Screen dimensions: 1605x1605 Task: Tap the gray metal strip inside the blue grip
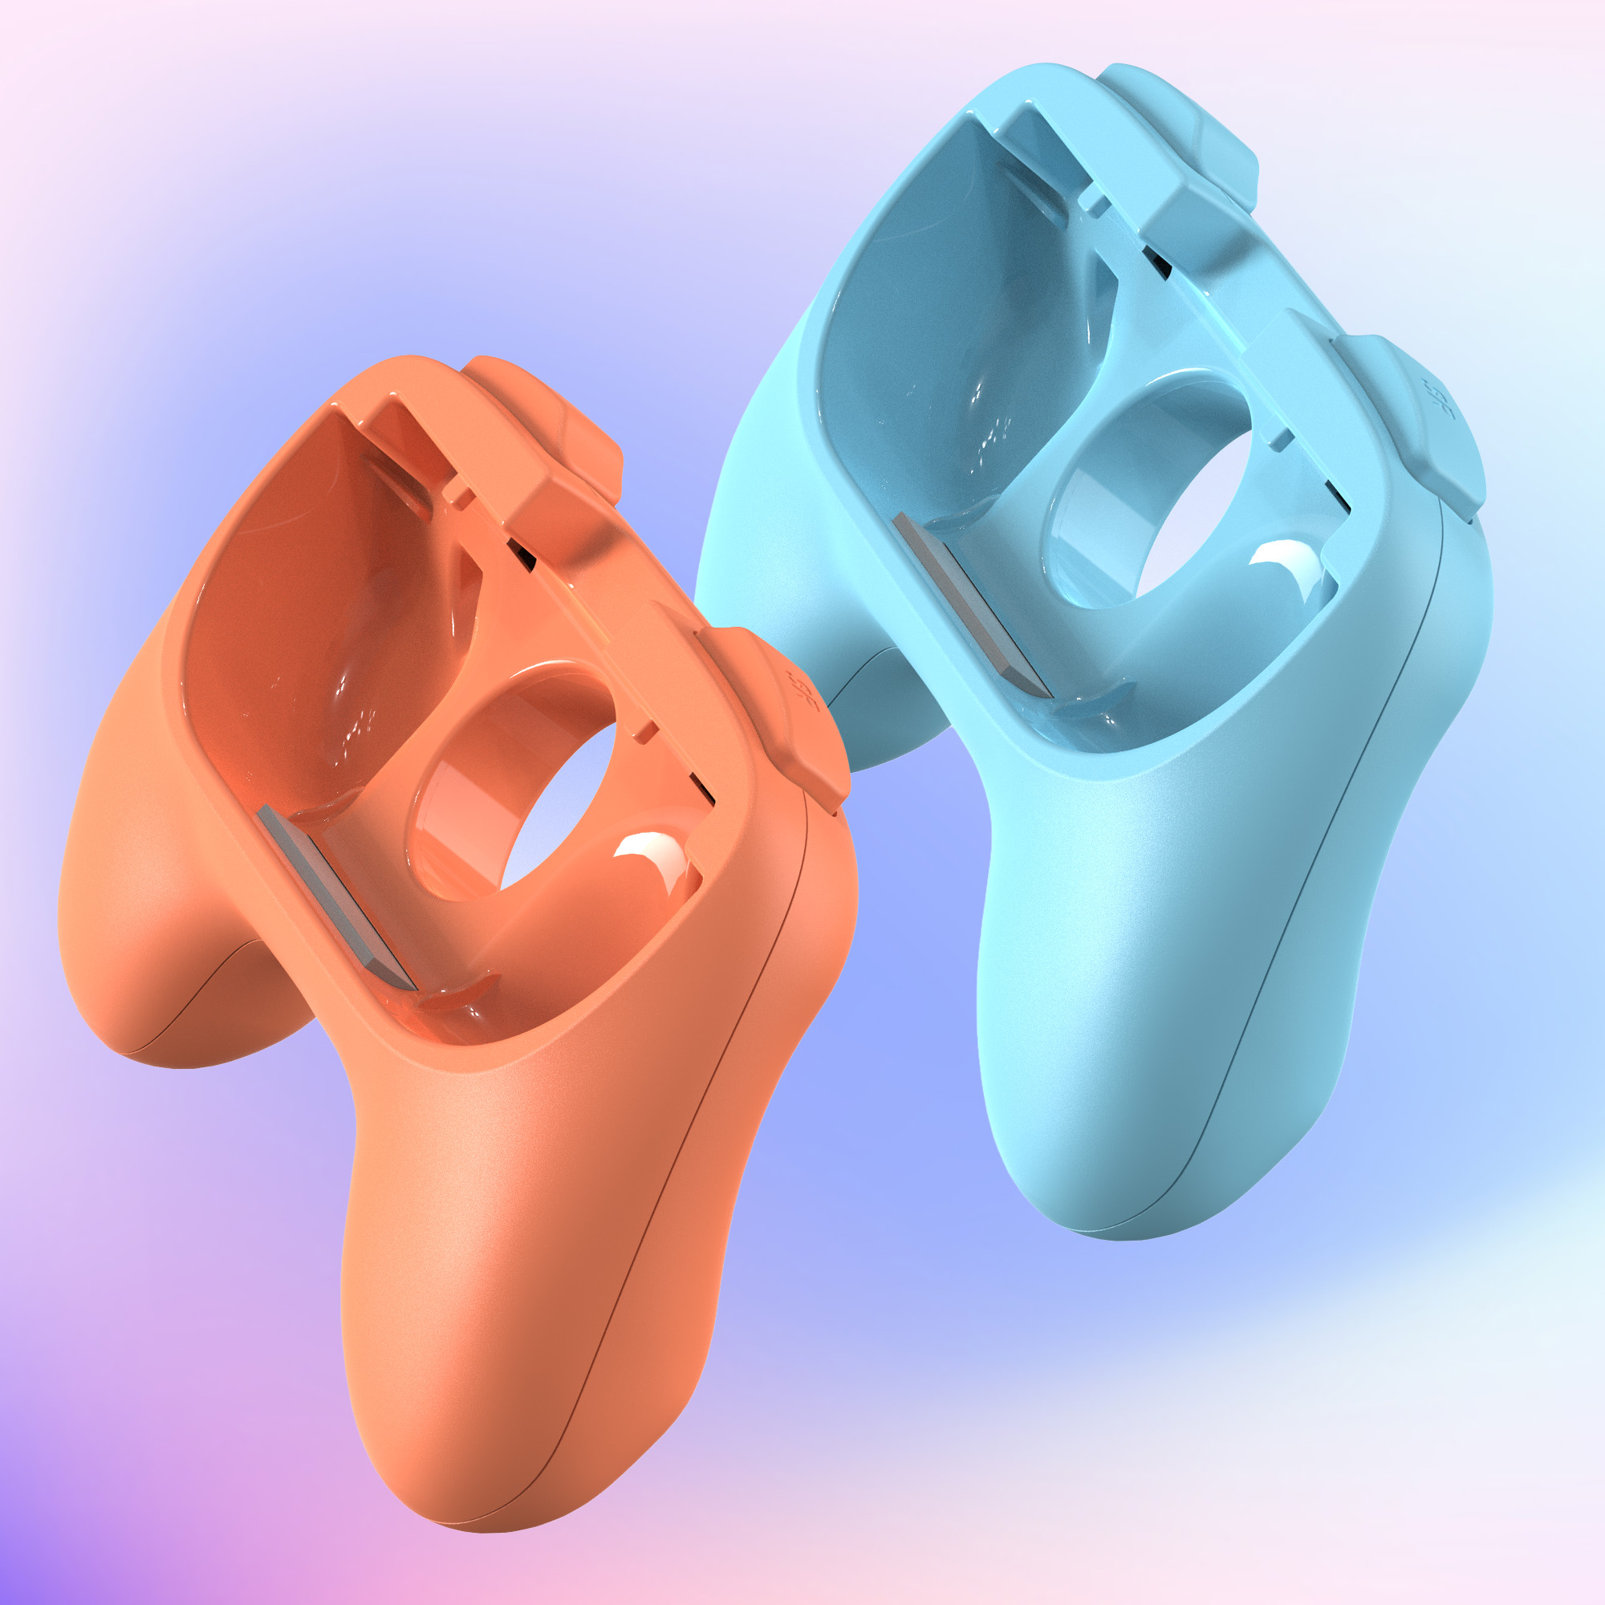pos(970,605)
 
